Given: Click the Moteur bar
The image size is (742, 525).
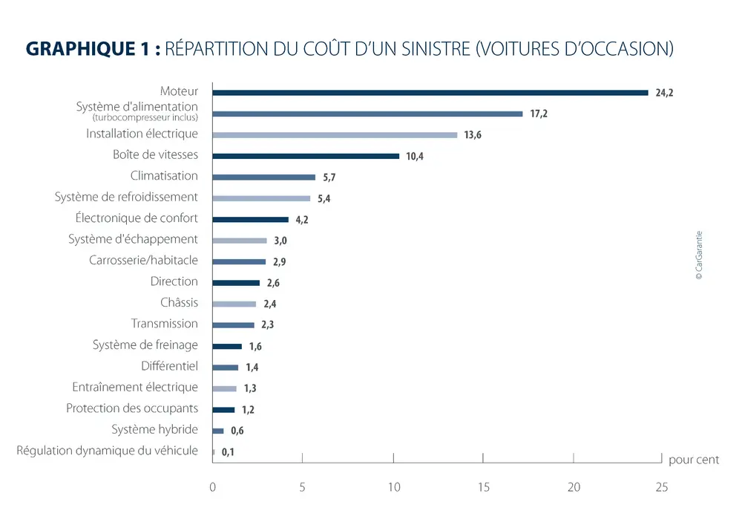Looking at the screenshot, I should tap(430, 93).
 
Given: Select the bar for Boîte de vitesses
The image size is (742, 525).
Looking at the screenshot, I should tap(305, 156).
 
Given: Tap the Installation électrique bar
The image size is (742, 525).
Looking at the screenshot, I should tap(335, 135).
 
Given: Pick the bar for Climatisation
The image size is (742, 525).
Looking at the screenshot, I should tap(263, 177).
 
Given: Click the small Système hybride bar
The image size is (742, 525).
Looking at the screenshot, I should tap(218, 431).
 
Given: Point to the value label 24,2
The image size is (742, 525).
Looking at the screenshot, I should tap(664, 94).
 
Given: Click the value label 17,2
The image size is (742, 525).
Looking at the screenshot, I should tap(539, 114).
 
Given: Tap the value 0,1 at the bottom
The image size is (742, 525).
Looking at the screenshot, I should tap(228, 451).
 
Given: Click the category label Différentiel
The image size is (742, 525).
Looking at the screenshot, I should tap(169, 366).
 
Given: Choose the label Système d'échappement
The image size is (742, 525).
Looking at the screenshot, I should tap(133, 239).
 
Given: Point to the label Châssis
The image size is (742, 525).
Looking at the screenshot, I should tap(179, 302).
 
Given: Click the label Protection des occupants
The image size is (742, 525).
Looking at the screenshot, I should tap(132, 408).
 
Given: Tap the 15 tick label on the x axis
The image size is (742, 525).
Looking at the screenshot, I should tap(483, 488).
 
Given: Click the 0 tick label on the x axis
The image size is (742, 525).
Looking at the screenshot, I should tap(213, 488).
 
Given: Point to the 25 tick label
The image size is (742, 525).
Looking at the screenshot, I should tap(661, 488).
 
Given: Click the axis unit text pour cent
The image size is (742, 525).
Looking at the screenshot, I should tap(694, 460).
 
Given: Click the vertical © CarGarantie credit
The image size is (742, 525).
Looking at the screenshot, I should tap(698, 255).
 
